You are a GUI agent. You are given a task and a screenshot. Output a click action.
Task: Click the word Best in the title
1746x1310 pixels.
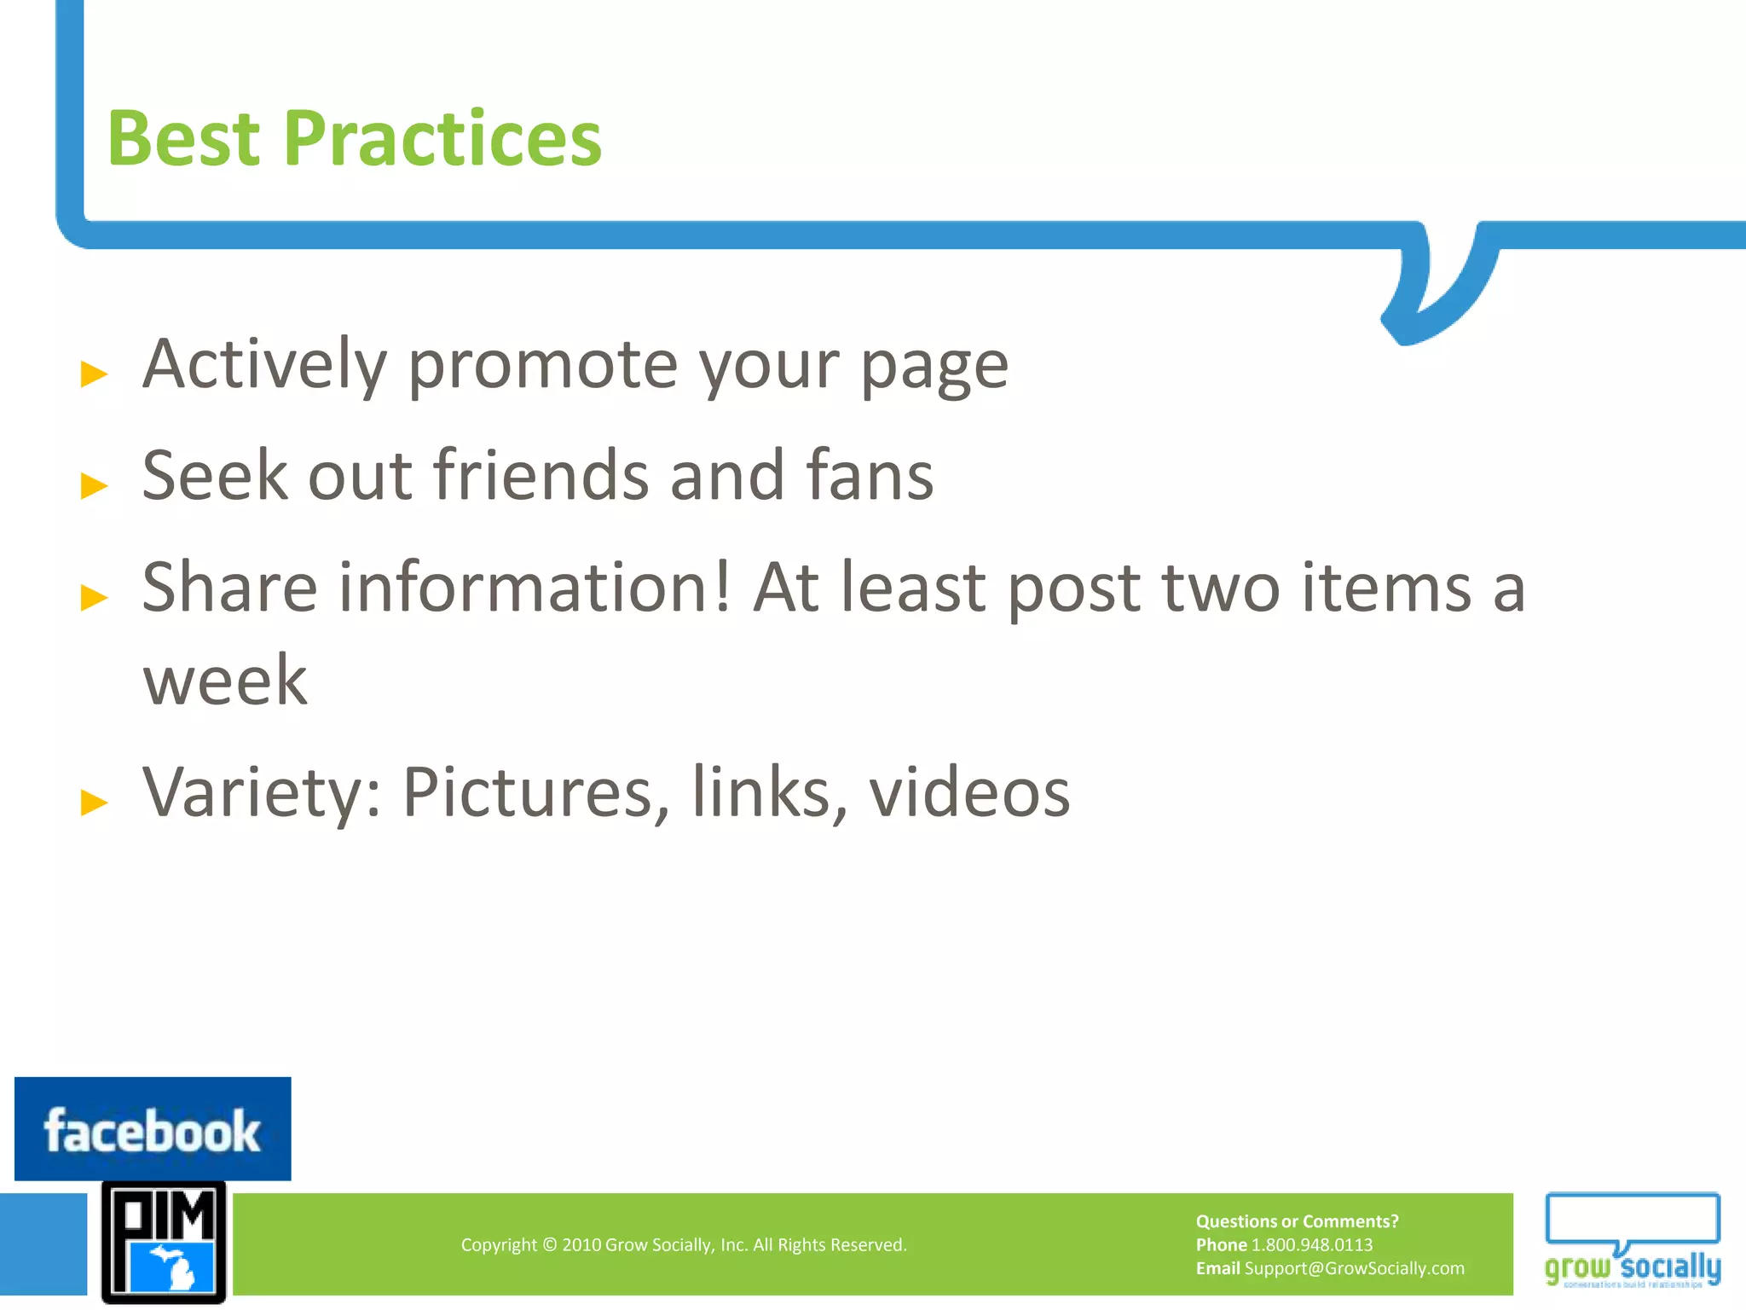pyautogui.click(x=183, y=139)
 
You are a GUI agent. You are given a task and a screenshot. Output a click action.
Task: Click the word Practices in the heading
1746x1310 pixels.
pyautogui.click(x=442, y=139)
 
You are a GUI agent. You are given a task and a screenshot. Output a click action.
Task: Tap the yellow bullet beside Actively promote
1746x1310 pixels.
pyautogui.click(x=94, y=374)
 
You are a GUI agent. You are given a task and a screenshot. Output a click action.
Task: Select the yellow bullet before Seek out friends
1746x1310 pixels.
pyautogui.click(x=94, y=485)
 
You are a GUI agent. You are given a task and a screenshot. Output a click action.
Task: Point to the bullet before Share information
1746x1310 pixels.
pyautogui.click(x=94, y=597)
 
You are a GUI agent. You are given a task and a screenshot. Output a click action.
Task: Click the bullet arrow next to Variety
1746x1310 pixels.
pyautogui.click(x=94, y=802)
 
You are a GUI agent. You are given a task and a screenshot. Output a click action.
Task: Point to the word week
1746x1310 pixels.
pyautogui.click(x=224, y=680)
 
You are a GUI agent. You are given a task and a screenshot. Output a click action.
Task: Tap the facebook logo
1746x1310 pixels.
pyautogui.click(x=153, y=1129)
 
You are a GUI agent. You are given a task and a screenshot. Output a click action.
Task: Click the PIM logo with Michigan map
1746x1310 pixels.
pyautogui.click(x=164, y=1242)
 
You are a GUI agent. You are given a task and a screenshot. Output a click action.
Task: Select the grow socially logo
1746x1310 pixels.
pyautogui.click(x=1632, y=1242)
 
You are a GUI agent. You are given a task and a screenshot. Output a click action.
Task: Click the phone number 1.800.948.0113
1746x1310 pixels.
pyautogui.click(x=1312, y=1245)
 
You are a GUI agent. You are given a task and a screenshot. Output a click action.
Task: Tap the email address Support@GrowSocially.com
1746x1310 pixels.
pyautogui.click(x=1354, y=1268)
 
